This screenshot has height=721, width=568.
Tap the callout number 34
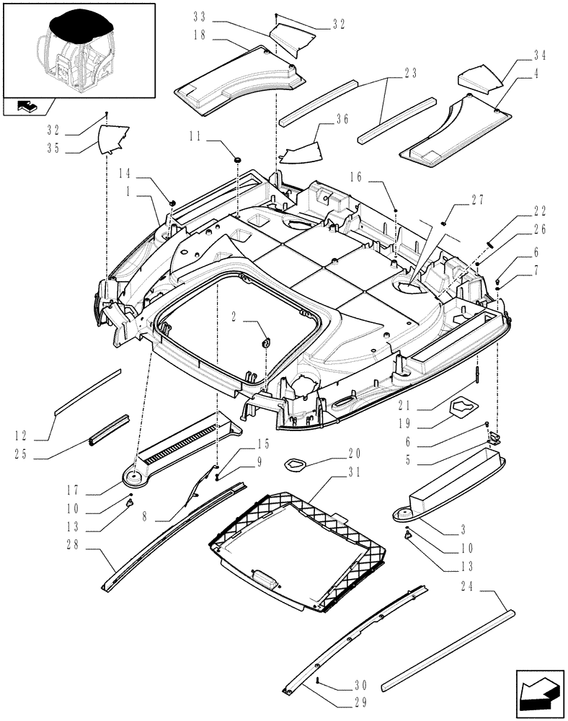(x=540, y=56)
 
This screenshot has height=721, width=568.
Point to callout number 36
(x=341, y=119)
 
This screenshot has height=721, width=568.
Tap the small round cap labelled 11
(x=237, y=158)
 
